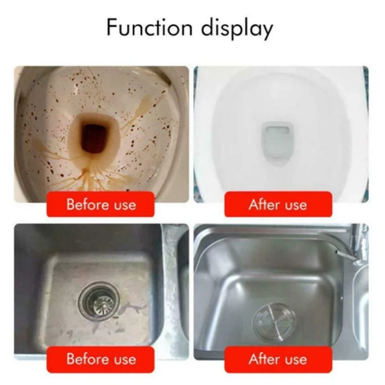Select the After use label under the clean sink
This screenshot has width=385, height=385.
[x=278, y=359]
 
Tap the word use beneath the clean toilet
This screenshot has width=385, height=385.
[x=295, y=205]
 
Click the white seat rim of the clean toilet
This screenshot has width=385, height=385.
[x=337, y=120]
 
